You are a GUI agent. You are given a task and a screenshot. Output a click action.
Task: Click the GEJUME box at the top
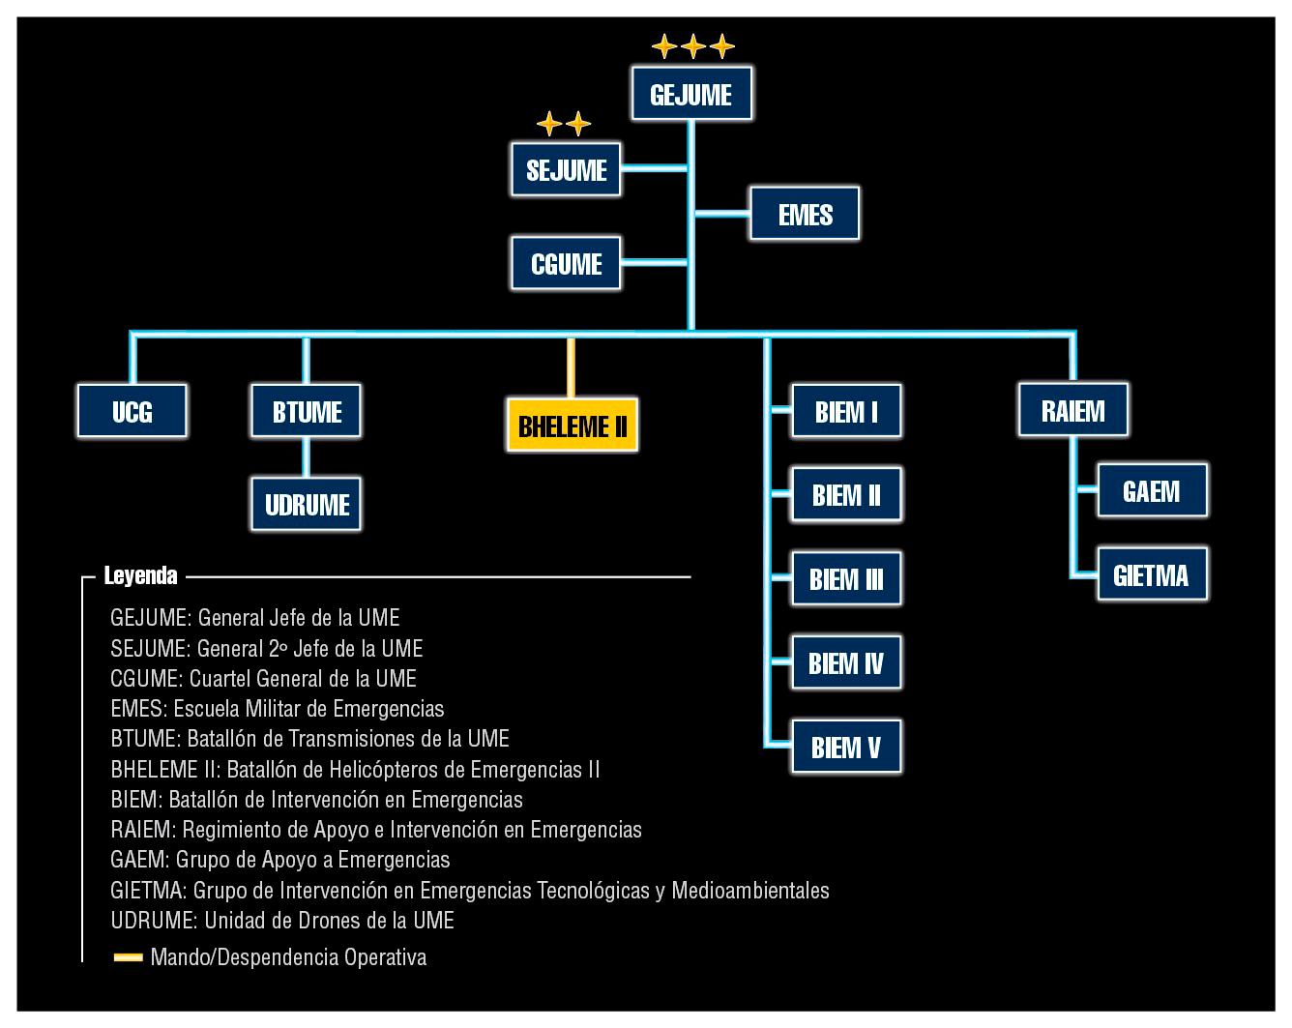[691, 94]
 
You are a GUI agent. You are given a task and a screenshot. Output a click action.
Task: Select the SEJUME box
[566, 170]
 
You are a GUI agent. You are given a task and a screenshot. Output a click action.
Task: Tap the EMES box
[805, 214]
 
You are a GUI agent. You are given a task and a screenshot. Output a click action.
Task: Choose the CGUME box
[566, 263]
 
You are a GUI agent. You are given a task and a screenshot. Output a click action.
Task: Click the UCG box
[132, 411]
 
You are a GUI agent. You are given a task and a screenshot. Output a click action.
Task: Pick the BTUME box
[307, 411]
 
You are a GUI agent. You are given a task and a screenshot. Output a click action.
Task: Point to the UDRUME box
[307, 504]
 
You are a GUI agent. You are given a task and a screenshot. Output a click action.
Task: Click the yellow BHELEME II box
[573, 426]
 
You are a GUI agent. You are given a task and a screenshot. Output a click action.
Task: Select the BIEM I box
[846, 411]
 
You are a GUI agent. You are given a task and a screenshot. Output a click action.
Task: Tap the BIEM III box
[846, 578]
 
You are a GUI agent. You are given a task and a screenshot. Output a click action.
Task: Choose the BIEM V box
[846, 747]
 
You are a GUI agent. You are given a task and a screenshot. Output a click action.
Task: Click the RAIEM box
[1072, 410]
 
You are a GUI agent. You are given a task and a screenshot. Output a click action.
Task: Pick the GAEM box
[1151, 490]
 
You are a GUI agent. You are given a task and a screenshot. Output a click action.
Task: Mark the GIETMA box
[1151, 574]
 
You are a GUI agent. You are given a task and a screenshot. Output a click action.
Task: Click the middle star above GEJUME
[693, 45]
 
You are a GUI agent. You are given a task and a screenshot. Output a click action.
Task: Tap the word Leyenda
[141, 575]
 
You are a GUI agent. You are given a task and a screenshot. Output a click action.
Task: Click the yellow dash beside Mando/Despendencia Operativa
[128, 957]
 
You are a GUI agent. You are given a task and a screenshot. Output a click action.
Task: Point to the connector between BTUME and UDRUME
[307, 457]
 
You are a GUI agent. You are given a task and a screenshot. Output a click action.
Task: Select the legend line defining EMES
[278, 709]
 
